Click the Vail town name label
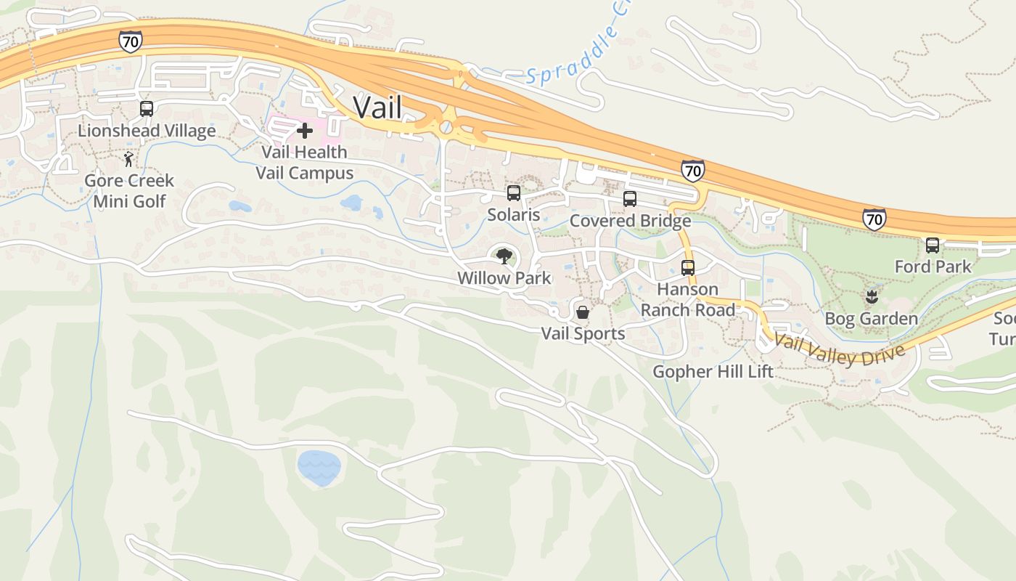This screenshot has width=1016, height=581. pyautogui.click(x=377, y=108)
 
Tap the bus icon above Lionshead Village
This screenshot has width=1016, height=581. pyautogui.click(x=147, y=109)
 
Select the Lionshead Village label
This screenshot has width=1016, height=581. pyautogui.click(x=147, y=131)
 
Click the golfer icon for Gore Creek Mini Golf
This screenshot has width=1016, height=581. pyautogui.click(x=129, y=158)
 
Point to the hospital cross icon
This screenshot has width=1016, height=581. pyautogui.click(x=305, y=131)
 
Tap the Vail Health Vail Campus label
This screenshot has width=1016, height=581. pyautogui.click(x=305, y=163)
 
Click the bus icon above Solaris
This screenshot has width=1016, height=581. pyautogui.click(x=514, y=193)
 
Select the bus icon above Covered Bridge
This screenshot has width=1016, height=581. pyautogui.click(x=630, y=199)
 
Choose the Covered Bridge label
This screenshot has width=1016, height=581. pyautogui.click(x=630, y=221)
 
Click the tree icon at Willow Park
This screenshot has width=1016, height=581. pyautogui.click(x=504, y=256)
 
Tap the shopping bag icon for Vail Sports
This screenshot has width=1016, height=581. pyautogui.click(x=583, y=312)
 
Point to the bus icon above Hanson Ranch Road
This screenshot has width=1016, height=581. pyautogui.click(x=688, y=267)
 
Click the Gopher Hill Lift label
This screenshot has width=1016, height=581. pyautogui.click(x=713, y=372)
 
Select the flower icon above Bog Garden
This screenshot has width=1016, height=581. pyautogui.click(x=871, y=296)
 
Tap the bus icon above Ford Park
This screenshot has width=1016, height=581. pyautogui.click(x=933, y=245)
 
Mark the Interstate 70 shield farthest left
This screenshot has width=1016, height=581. pyautogui.click(x=131, y=41)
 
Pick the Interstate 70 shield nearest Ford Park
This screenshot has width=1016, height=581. pyautogui.click(x=874, y=219)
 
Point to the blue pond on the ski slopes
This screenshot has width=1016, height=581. pyautogui.click(x=319, y=466)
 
